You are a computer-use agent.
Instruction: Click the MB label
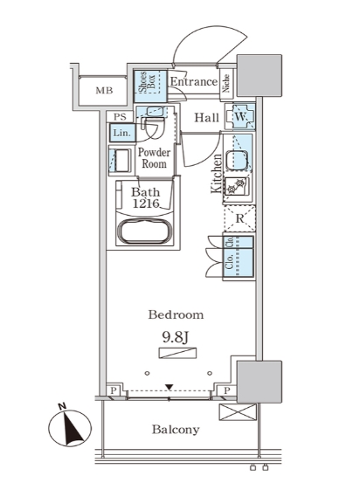(104, 91)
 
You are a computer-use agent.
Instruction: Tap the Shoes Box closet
(150, 86)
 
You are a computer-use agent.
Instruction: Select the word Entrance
(194, 81)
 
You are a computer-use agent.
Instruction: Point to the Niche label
(226, 83)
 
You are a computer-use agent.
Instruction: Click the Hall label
(206, 117)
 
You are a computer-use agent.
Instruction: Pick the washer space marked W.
(240, 117)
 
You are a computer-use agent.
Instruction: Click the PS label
(120, 117)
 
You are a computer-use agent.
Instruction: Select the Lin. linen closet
(122, 133)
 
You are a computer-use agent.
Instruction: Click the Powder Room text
(154, 158)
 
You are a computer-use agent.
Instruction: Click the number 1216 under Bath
(146, 204)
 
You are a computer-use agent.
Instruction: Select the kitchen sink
(237, 160)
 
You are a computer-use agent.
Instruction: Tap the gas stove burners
(237, 186)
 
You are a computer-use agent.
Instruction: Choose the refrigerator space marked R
(239, 218)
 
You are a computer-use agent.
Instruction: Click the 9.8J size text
(175, 338)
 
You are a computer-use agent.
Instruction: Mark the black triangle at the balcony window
(169, 387)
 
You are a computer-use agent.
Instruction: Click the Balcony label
(176, 430)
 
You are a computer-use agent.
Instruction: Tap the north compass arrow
(72, 428)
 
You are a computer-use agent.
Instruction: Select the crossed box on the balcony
(238, 412)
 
